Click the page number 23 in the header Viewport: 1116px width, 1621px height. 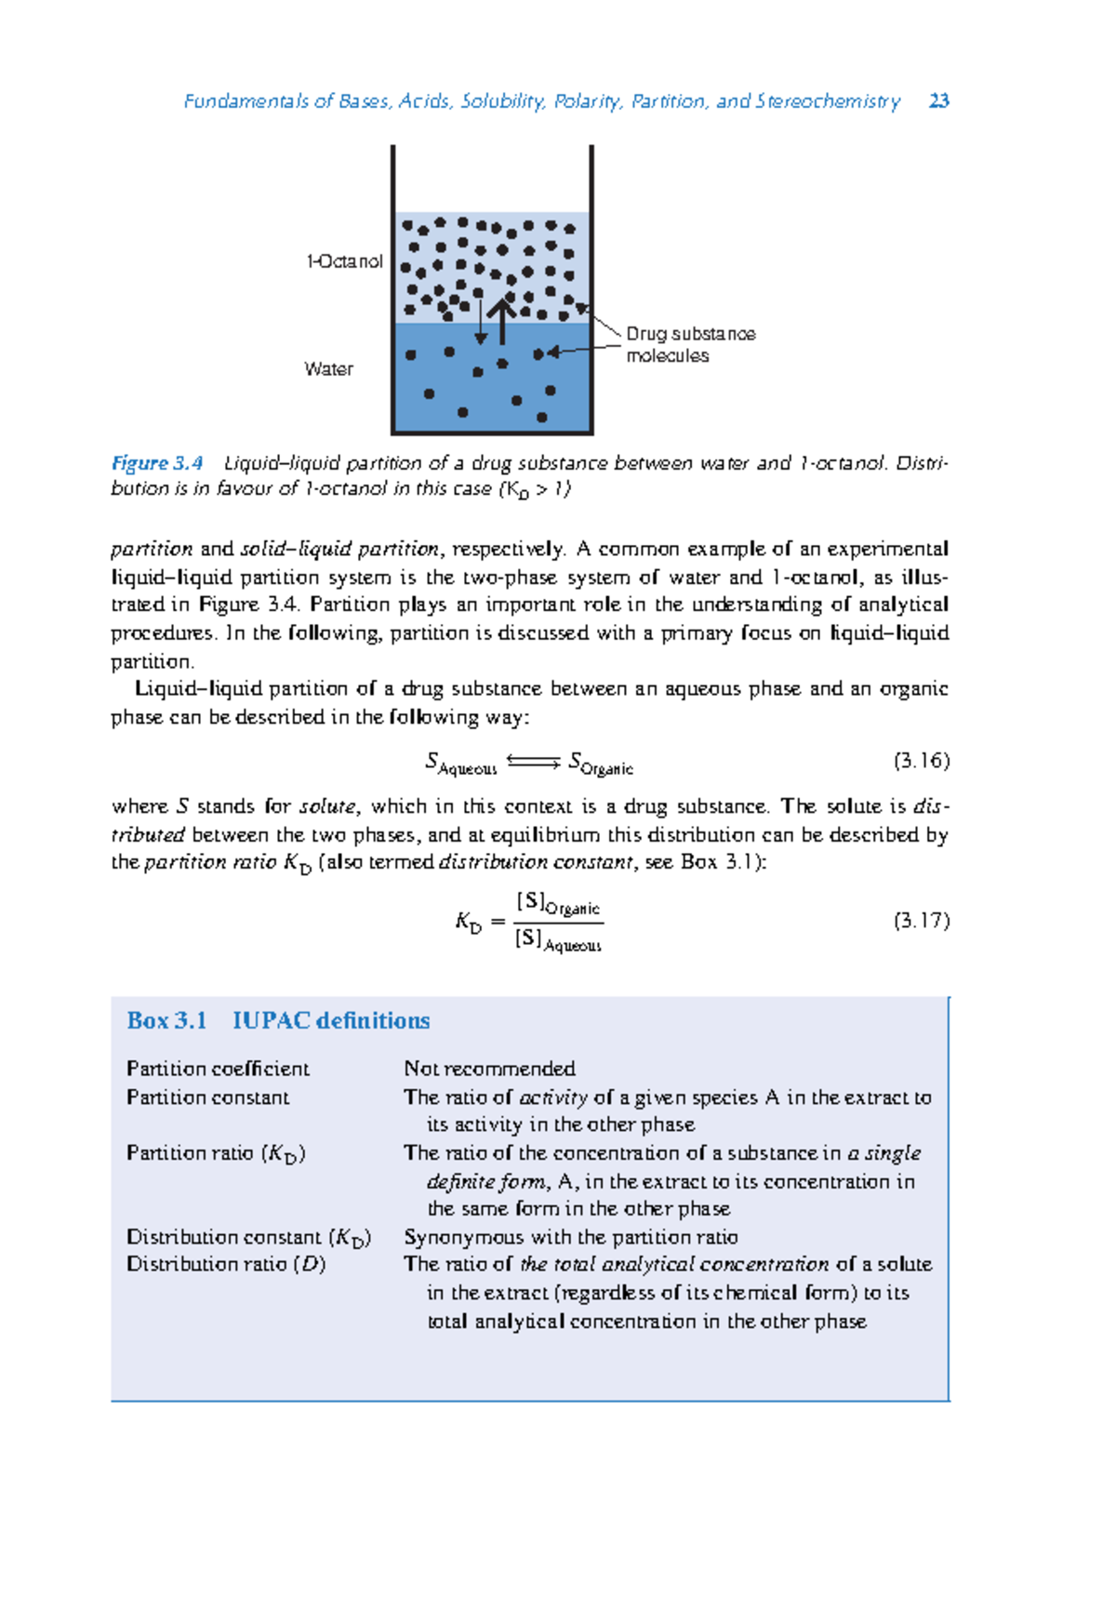(x=938, y=101)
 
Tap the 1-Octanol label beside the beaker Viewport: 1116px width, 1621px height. (x=344, y=262)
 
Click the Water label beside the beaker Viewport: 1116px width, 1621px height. (x=328, y=369)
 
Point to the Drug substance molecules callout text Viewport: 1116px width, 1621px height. (x=689, y=344)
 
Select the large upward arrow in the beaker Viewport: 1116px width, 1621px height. (x=501, y=320)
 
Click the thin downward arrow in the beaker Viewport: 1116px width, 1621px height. (x=481, y=322)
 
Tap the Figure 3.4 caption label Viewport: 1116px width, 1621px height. (x=157, y=463)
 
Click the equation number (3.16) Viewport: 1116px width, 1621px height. (x=921, y=761)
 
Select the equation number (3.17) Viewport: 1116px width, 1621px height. (x=921, y=921)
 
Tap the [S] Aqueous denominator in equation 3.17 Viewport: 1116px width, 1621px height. (x=558, y=940)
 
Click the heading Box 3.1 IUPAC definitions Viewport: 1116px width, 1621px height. (x=278, y=1020)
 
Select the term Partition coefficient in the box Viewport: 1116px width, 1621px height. (x=218, y=1069)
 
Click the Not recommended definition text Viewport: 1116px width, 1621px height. (x=489, y=1069)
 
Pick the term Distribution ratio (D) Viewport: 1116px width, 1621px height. (x=226, y=1264)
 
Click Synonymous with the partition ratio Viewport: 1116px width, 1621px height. (x=570, y=1237)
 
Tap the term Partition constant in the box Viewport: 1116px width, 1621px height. (x=207, y=1097)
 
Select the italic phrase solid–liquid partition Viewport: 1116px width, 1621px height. (x=339, y=549)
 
